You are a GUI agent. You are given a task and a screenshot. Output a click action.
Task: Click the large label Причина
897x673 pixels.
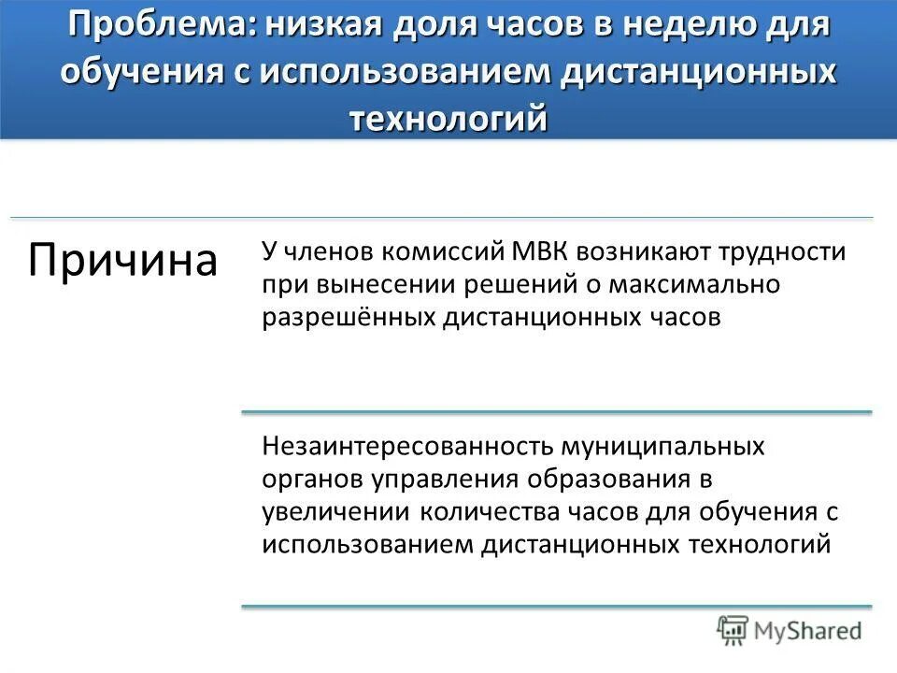122,261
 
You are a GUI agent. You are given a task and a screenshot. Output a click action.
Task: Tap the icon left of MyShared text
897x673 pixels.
733,631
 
